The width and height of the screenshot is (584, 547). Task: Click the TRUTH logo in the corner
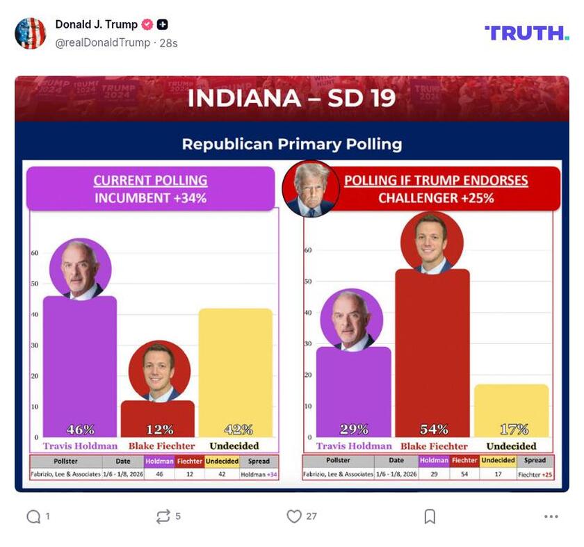pos(526,33)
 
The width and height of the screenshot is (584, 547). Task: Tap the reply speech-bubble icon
pos(33,516)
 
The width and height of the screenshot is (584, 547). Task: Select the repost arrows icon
pos(163,516)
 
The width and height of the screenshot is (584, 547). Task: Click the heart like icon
pos(294,516)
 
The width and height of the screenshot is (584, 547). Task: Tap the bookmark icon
pos(430,516)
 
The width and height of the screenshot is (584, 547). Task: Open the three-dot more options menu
pos(551,516)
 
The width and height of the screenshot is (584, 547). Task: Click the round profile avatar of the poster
pos(31,33)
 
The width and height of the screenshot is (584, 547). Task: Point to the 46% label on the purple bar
pos(80,430)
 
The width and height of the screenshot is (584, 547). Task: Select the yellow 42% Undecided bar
pos(235,368)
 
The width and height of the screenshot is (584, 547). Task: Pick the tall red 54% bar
pos(432,348)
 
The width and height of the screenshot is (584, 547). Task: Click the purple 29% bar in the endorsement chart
pos(354,389)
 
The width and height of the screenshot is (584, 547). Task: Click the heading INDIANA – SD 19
pos(291,98)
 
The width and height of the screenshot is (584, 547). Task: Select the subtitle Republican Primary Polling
pos(291,145)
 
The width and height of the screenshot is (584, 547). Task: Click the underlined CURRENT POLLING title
pos(150,181)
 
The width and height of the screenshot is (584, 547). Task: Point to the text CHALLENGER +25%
pos(436,198)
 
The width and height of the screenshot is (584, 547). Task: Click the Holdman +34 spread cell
pos(259,474)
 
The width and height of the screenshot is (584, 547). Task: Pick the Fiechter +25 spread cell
pos(535,474)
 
